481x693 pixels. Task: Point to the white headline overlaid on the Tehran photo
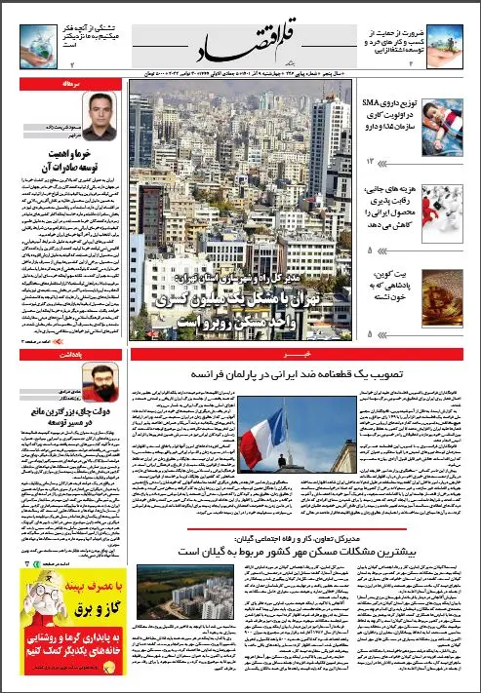click(x=247, y=299)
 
